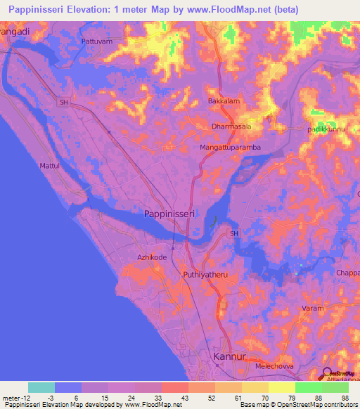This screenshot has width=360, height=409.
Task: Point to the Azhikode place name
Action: click(x=152, y=258)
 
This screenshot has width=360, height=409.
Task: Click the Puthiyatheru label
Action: click(x=206, y=275)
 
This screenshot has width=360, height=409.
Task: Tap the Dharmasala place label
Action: click(x=232, y=127)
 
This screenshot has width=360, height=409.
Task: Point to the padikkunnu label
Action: click(x=324, y=130)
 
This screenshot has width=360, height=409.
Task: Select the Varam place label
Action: click(x=313, y=309)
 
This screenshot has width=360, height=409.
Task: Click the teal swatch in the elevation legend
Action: click(x=41, y=387)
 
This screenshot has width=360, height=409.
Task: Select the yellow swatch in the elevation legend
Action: click(x=282, y=387)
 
